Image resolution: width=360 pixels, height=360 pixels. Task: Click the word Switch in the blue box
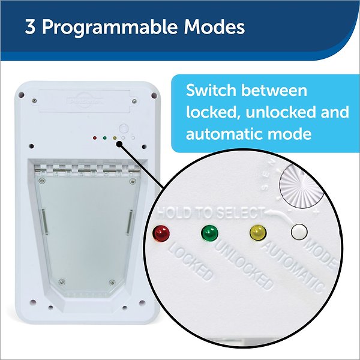(214, 91)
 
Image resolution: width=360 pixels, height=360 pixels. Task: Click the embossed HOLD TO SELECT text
(211, 212)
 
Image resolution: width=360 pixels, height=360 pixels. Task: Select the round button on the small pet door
(125, 129)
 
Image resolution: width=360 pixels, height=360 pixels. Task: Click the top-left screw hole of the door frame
(23, 95)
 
